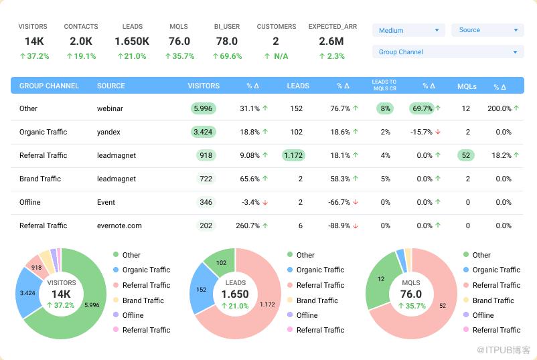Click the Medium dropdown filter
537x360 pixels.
click(408, 30)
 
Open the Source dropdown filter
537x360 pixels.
click(487, 30)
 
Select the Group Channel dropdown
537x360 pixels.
click(447, 52)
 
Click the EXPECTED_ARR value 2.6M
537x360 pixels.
click(332, 41)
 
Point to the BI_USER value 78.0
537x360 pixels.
click(227, 41)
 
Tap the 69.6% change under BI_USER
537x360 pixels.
click(227, 56)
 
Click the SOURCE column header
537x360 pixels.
click(111, 86)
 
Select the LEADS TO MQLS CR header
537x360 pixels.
click(384, 85)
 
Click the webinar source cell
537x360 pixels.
click(110, 108)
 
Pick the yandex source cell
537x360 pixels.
click(108, 132)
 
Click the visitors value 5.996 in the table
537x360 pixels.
click(202, 108)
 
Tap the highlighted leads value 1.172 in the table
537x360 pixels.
click(293, 155)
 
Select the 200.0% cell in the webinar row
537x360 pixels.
click(503, 108)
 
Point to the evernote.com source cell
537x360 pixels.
click(119, 226)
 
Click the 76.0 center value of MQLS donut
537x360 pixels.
click(411, 294)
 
